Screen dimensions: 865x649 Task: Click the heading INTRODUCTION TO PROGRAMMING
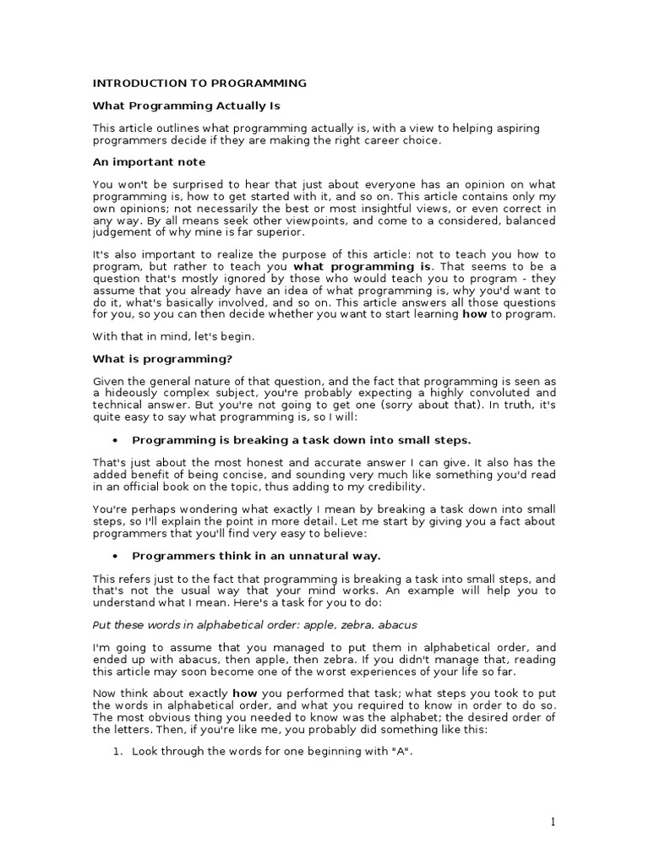pos(199,84)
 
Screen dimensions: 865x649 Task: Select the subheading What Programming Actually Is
pos(185,106)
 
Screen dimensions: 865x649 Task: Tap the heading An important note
pos(149,161)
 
